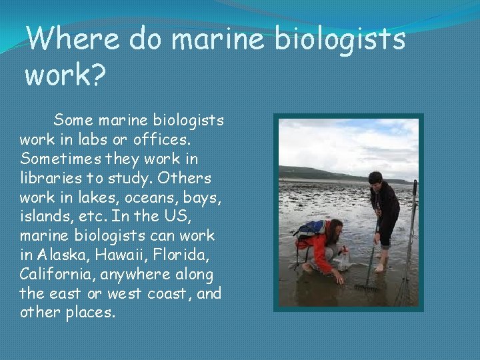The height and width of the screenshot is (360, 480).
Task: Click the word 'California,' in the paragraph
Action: pos(56,274)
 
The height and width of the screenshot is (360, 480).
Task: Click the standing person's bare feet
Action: pos(381,268)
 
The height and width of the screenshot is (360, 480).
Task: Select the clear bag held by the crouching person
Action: pos(341,260)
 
